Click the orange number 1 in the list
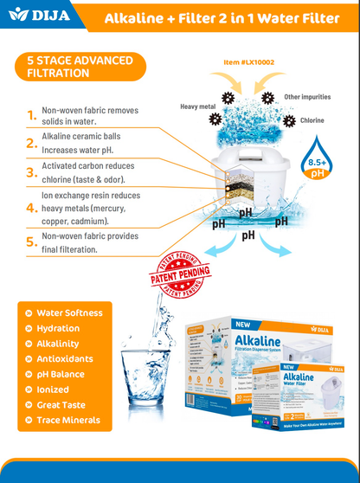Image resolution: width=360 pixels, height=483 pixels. (x=31, y=115)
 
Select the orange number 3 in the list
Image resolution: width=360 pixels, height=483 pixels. (x=31, y=173)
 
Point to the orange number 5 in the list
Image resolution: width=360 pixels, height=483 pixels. (x=31, y=242)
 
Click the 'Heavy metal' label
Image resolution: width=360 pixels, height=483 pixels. (x=197, y=106)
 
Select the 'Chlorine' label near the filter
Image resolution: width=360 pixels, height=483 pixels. (x=312, y=120)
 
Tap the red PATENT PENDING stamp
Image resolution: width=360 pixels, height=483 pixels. (x=184, y=277)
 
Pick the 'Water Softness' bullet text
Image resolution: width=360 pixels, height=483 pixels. (x=69, y=312)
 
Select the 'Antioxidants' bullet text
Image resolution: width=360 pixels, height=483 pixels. (x=65, y=359)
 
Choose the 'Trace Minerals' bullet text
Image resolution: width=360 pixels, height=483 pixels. (x=68, y=421)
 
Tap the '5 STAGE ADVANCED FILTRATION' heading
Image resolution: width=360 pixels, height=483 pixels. (x=80, y=67)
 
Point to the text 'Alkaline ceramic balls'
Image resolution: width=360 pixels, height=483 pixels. (x=82, y=136)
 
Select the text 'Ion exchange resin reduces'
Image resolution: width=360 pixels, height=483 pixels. (x=91, y=196)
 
